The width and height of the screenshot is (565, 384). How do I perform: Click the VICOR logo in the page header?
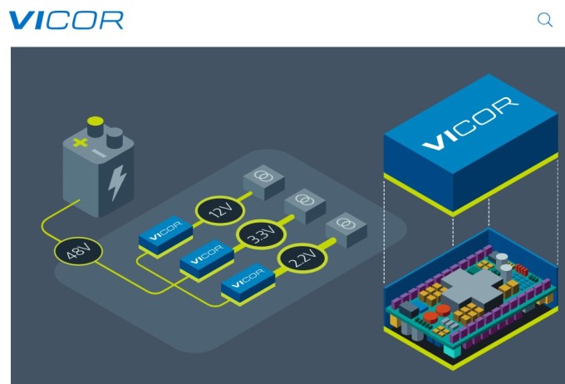[x=66, y=21]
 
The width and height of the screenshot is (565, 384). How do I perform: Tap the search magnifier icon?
[x=545, y=21]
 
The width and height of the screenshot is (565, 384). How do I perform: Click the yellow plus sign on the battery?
[x=80, y=143]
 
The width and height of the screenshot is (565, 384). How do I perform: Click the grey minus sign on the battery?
[x=98, y=153]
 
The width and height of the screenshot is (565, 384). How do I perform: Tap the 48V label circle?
[x=78, y=251]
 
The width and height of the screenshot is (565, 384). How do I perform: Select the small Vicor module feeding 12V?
[x=162, y=232]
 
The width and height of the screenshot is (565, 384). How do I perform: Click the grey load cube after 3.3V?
[x=303, y=205]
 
